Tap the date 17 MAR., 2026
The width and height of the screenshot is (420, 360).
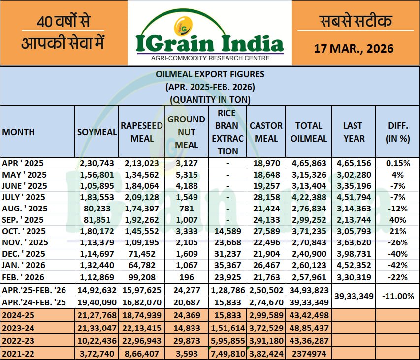click(x=354, y=48)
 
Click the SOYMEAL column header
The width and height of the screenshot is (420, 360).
click(x=97, y=132)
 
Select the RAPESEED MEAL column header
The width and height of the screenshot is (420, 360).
click(x=142, y=132)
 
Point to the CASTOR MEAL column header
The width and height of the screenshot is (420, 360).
click(x=266, y=132)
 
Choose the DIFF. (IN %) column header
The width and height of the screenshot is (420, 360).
click(x=398, y=132)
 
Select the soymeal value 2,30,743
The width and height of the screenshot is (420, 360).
click(x=97, y=163)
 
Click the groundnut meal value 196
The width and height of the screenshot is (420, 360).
click(x=187, y=276)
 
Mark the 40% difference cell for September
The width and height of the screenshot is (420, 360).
click(x=398, y=220)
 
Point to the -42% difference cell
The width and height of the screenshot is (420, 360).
click(x=398, y=265)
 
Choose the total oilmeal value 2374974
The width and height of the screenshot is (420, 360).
click(x=308, y=352)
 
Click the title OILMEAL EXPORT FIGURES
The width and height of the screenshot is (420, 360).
click(x=210, y=74)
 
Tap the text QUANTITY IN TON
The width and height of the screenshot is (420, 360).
click(x=210, y=99)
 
